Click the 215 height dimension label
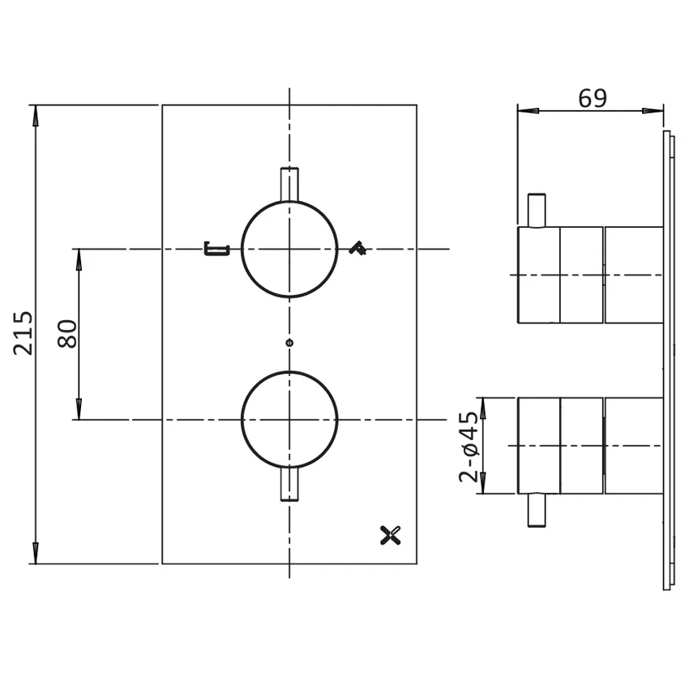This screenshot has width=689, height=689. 24,332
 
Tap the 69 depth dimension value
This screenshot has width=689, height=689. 592,98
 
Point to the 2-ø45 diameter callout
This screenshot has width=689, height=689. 469,447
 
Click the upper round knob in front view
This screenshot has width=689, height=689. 289,250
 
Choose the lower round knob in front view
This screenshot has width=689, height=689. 289,420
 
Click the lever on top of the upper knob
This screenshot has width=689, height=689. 289,184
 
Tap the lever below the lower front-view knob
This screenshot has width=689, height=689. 289,485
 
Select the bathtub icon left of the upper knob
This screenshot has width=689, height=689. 216,249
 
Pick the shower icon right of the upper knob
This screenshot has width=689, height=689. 357,249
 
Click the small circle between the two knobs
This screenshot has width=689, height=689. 289,343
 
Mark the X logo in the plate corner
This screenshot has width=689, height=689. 391,535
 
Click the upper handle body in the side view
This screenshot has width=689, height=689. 590,275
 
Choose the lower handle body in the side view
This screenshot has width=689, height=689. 590,445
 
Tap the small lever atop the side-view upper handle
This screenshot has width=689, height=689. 537,210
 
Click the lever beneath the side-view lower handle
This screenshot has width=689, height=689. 537,510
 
